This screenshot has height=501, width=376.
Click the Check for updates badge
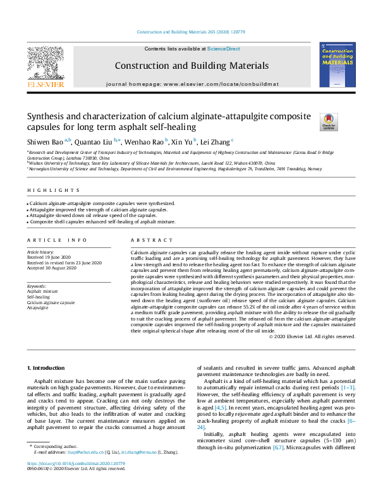(312, 121)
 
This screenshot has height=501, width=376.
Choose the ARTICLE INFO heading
(49, 240)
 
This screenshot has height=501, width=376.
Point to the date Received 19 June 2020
(48, 257)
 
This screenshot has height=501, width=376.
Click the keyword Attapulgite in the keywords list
(38, 307)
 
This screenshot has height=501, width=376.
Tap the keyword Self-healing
(39, 297)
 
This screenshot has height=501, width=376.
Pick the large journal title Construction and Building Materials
(188, 66)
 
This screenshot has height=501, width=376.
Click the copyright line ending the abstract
(303, 337)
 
